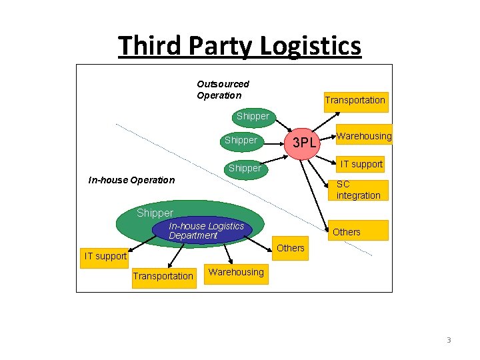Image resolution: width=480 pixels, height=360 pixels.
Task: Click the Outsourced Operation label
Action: coord(223,89)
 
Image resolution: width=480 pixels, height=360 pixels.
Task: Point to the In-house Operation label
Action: coord(131,180)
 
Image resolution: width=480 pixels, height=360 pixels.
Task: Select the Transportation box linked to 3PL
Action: coord(355,100)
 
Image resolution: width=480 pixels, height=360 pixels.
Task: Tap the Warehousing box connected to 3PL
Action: coord(364,136)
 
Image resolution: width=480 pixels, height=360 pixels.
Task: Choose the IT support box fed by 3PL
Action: coord(361,164)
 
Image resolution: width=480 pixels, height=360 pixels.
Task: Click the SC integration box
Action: coord(359,190)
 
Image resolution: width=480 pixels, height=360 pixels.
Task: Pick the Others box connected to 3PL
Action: coord(347,231)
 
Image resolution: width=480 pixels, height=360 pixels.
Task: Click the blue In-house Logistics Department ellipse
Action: coord(206,231)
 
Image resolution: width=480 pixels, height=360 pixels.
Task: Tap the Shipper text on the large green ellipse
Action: coord(155,213)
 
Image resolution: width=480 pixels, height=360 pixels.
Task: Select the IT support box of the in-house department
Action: coord(105,256)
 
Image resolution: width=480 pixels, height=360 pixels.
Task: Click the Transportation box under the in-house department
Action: coord(163,276)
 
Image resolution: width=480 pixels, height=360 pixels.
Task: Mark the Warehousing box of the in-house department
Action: coord(236,272)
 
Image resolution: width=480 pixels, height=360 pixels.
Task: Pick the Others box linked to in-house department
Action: coord(290,248)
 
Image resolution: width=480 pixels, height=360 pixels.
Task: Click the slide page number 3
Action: coord(449,340)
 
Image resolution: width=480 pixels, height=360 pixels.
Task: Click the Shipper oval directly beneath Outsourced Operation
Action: coord(253,116)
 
